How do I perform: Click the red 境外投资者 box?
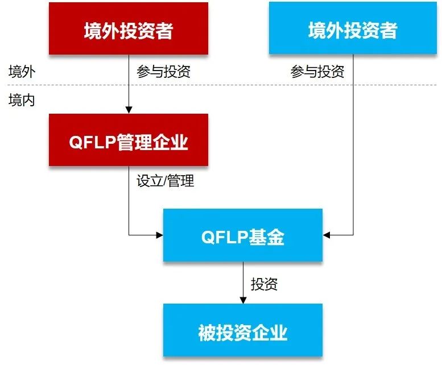click(128, 29)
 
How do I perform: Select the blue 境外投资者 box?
click(352, 29)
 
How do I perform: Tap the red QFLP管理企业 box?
click(128, 140)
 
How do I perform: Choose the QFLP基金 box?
click(242, 235)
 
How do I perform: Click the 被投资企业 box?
click(242, 331)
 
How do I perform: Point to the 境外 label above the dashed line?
click(22, 72)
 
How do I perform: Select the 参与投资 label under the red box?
click(163, 72)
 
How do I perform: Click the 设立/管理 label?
click(165, 181)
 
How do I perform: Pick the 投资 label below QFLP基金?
click(264, 284)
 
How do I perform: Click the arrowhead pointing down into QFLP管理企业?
click(129, 110)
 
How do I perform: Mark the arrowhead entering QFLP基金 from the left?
click(159, 234)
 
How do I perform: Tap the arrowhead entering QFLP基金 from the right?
click(327, 234)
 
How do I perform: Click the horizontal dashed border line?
click(228, 85)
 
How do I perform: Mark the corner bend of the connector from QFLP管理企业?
click(129, 234)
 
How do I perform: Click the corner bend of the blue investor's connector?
click(353, 234)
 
